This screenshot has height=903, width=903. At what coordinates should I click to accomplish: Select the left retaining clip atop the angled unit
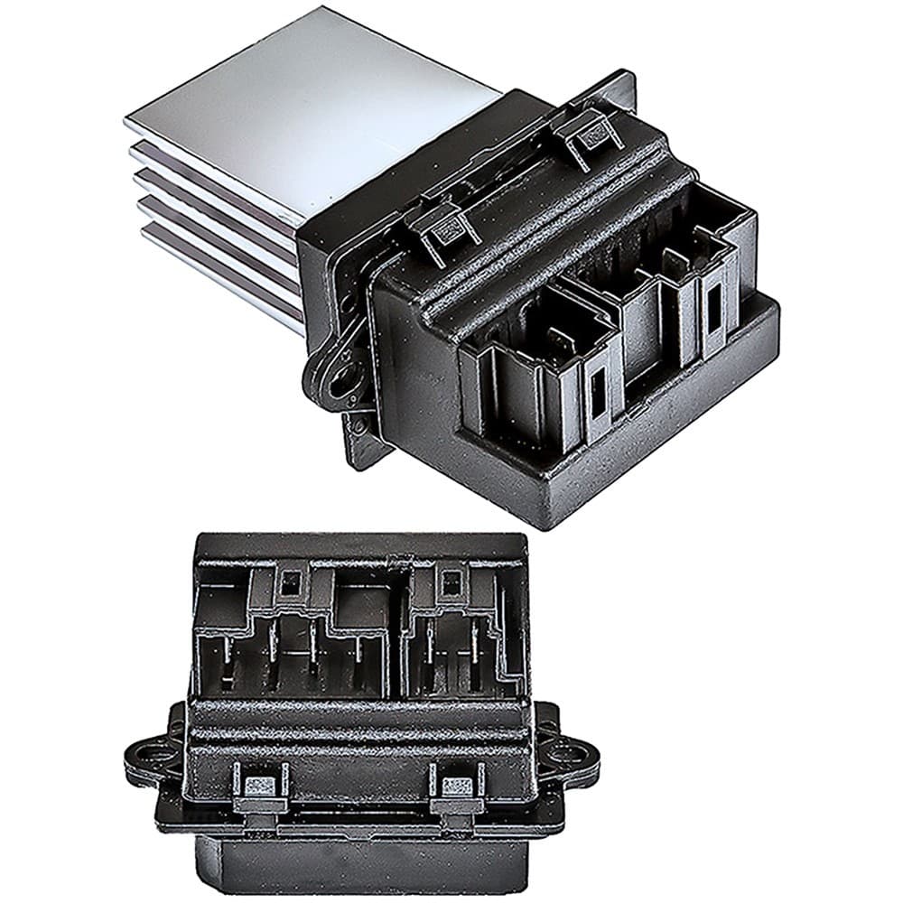[x=445, y=230]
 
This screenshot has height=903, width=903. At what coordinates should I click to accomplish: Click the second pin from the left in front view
[x=272, y=655]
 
